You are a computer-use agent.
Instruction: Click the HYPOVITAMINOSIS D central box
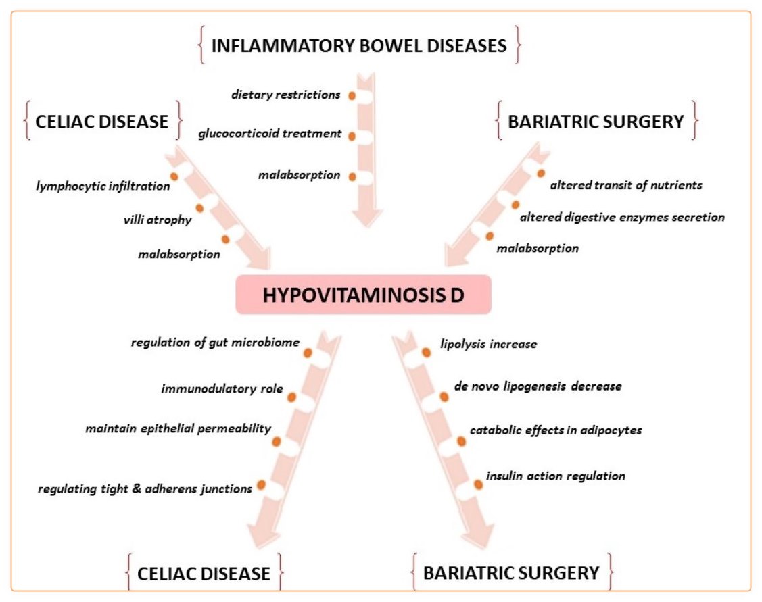tap(363, 295)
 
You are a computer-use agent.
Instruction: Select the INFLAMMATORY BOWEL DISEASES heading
tap(359, 46)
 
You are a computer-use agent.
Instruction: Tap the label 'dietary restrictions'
tap(285, 95)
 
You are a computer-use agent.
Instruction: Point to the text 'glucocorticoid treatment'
tap(270, 134)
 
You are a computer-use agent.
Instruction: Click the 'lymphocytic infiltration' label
tap(103, 186)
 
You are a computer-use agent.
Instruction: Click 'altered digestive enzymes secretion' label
tap(621, 217)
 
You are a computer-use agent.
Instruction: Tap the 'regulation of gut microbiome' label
tap(215, 342)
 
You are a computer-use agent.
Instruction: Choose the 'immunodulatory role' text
tap(222, 389)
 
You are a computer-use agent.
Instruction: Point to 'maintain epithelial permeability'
tap(178, 428)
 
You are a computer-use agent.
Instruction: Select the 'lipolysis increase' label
tap(488, 344)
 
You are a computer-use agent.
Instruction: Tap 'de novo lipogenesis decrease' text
tap(538, 386)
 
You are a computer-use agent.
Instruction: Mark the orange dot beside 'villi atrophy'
tap(199, 208)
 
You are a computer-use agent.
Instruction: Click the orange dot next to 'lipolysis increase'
tap(426, 352)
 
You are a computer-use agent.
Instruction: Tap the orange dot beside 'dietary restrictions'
tap(352, 96)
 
